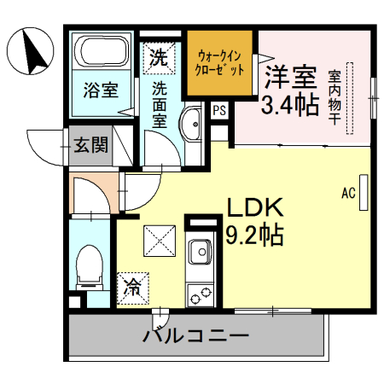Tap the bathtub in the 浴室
(100, 54)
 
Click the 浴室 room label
(100, 88)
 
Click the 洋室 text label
(291, 79)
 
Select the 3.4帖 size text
(290, 107)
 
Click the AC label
(348, 192)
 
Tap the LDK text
(254, 207)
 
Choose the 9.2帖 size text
(254, 233)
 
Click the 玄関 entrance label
(90, 144)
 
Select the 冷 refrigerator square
(133, 284)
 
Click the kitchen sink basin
(201, 254)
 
